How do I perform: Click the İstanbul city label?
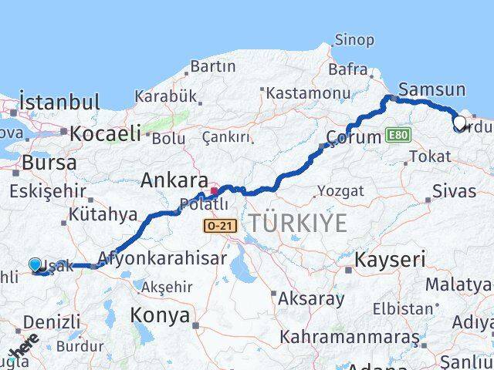point(60,102)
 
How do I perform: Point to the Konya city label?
point(160,315)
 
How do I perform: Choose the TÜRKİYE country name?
point(297,223)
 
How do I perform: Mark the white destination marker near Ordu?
point(459,123)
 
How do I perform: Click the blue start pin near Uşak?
point(36,266)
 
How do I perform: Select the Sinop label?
point(354,39)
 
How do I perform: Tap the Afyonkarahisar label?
point(162,258)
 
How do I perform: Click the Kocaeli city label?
point(105,133)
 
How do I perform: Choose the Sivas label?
point(454,190)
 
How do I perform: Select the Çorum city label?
point(354,137)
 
